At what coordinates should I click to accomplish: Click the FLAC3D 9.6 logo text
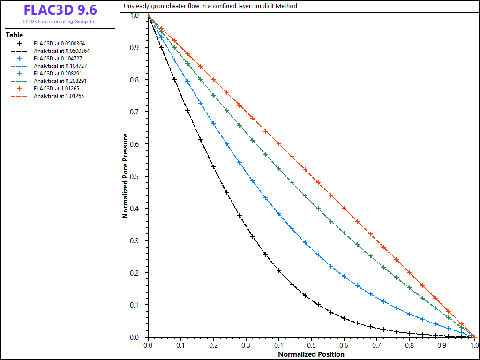click(60, 10)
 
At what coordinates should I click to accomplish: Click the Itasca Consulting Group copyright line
click(60, 22)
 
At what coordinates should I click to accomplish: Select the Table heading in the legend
click(14, 35)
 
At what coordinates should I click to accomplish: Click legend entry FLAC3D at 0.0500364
click(59, 44)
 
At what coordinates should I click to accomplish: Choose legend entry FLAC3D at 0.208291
click(59, 74)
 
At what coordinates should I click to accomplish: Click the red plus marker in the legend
click(20, 89)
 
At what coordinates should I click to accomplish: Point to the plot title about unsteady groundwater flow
click(210, 6)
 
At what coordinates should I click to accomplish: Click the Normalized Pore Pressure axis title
click(125, 176)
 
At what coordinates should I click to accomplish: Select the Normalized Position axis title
click(311, 354)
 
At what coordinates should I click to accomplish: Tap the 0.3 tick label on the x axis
click(246, 345)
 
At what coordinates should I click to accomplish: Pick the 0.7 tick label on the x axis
click(377, 345)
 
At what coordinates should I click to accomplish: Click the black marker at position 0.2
click(213, 166)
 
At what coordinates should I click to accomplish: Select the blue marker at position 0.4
click(279, 214)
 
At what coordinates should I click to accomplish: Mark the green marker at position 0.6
click(344, 233)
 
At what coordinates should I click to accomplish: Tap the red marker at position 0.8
click(410, 273)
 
